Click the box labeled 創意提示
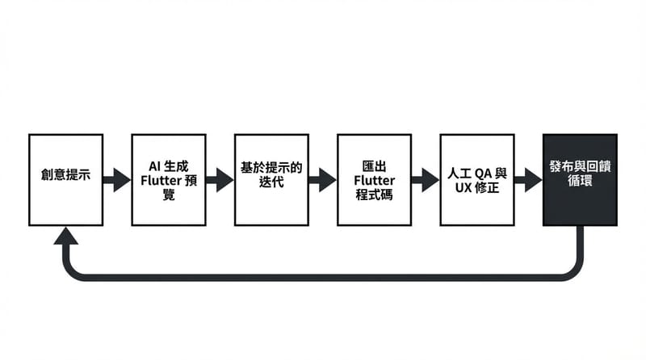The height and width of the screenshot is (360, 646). pyautogui.click(x=65, y=179)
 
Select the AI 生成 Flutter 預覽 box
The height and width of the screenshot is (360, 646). pyautogui.click(x=168, y=179)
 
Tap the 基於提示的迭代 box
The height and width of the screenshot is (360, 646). pyautogui.click(x=271, y=179)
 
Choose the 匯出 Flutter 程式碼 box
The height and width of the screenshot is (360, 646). pyautogui.click(x=374, y=179)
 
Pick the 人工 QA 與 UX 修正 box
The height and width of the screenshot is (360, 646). pyautogui.click(x=477, y=179)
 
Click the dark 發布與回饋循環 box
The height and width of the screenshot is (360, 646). pyautogui.click(x=580, y=179)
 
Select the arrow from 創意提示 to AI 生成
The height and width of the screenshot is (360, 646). pyautogui.click(x=117, y=179)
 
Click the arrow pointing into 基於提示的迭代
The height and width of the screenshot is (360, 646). pyautogui.click(x=220, y=179)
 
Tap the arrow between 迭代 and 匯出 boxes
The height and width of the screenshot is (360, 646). pyautogui.click(x=323, y=179)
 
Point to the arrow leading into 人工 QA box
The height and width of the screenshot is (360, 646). pyautogui.click(x=426, y=179)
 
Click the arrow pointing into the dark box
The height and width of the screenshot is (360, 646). pyautogui.click(x=529, y=179)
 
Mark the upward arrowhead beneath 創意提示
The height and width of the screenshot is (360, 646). pyautogui.click(x=65, y=237)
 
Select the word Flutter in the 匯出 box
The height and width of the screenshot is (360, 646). pyautogui.click(x=374, y=180)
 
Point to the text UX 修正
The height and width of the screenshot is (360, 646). pyautogui.click(x=477, y=188)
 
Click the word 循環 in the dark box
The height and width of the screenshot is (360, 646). pyautogui.click(x=580, y=182)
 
